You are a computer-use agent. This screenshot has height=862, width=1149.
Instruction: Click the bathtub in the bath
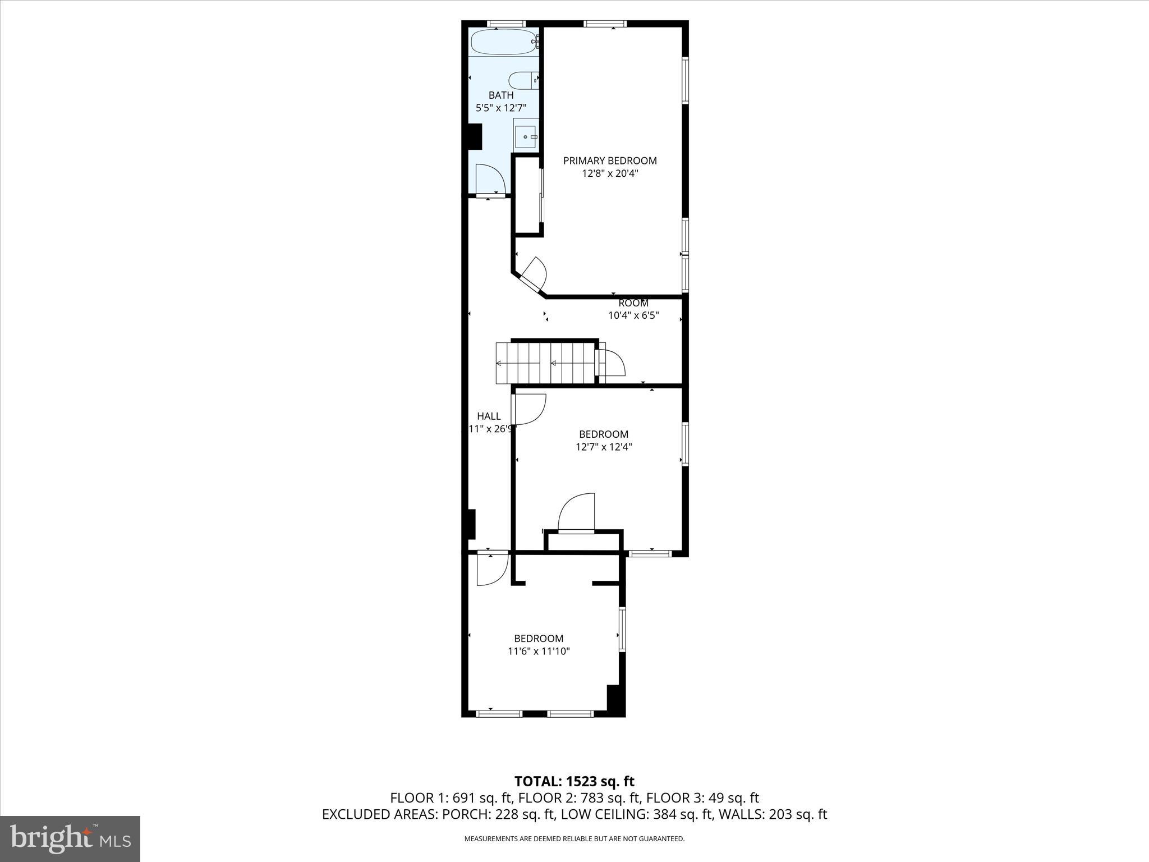(503, 42)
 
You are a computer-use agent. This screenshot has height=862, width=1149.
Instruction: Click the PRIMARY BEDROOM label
(610, 161)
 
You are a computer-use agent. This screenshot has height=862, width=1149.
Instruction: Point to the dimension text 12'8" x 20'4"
(610, 173)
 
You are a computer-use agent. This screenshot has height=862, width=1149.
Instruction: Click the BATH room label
(500, 95)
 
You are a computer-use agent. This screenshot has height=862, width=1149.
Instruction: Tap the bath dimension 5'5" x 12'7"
(500, 108)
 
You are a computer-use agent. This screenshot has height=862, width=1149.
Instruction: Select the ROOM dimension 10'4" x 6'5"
(633, 315)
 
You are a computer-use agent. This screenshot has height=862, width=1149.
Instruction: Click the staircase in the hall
(544, 363)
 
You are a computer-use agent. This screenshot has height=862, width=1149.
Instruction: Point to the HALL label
(489, 416)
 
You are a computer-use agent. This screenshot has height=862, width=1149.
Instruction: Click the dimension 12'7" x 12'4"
(604, 447)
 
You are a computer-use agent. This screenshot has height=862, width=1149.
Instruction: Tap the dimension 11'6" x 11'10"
(539, 652)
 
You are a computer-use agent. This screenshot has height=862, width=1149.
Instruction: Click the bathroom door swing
(490, 179)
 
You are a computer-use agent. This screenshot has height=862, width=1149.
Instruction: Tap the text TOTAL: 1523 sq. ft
(574, 781)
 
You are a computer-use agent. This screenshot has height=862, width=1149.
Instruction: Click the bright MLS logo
(70, 839)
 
